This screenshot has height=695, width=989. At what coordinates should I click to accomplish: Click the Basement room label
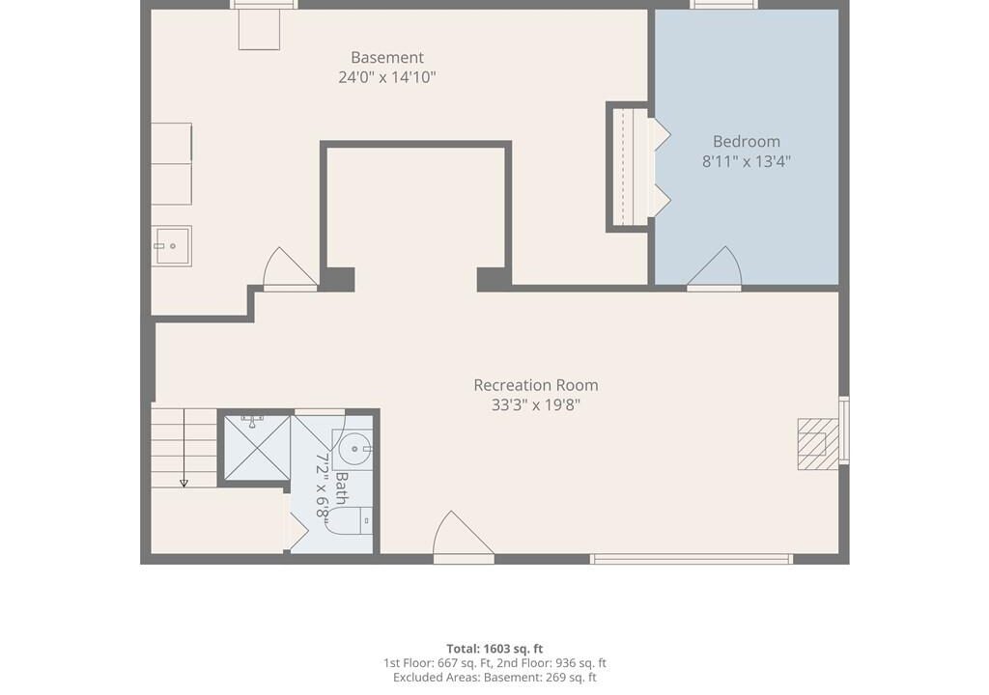point(387,57)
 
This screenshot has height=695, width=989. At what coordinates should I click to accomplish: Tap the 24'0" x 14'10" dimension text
point(387,77)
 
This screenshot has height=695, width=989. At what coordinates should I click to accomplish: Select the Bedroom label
point(747,141)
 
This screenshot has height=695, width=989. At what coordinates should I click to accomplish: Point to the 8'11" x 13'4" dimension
point(747,161)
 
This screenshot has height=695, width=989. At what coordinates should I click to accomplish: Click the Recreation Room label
point(535,385)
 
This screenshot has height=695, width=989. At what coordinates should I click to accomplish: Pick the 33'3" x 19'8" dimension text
point(535,404)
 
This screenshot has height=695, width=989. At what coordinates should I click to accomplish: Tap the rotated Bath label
point(341,488)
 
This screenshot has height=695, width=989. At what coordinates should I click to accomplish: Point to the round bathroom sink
point(354,449)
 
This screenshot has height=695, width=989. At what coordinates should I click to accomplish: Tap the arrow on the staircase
point(184,448)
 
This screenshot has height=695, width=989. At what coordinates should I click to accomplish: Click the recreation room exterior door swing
point(463,536)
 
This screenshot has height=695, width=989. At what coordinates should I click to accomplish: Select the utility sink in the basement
point(172,246)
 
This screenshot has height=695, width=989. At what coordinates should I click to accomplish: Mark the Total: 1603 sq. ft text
point(494,649)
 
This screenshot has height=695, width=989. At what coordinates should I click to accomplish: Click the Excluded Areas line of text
point(494,678)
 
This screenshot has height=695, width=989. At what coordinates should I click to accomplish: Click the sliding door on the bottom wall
point(692,559)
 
